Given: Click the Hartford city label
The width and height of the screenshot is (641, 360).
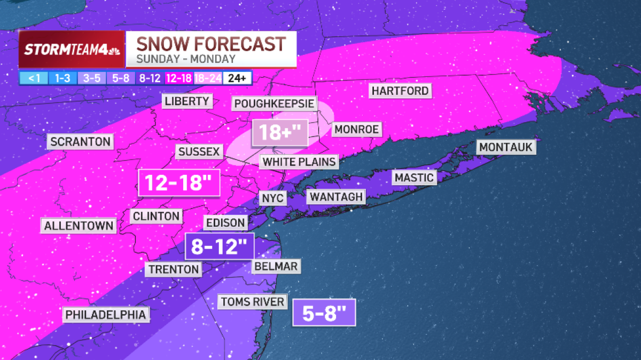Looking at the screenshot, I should tap(400, 91).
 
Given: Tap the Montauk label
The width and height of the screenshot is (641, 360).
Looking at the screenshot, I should tap(506, 147).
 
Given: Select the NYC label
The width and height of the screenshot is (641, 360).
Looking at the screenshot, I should tap(273, 199).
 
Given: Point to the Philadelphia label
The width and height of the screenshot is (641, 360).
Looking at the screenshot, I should tap(105, 315).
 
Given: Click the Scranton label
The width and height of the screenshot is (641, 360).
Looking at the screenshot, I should tap(81, 142).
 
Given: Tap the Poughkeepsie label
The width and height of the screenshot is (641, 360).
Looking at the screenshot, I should tap(274, 103).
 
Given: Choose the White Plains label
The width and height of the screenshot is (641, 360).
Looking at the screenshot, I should tap(299, 162).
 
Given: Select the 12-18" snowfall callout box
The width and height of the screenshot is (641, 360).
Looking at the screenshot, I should tap(179, 183).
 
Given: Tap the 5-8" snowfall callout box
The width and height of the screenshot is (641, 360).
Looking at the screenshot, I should tap(324, 312).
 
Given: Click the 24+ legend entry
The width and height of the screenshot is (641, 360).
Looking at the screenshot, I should tap(237, 78).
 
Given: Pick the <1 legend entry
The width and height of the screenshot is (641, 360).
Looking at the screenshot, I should tap(34, 78).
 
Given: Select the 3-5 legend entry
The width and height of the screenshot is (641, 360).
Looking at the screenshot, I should tap(92, 78).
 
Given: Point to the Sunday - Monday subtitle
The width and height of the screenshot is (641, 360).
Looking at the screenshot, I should tap(185, 59).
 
